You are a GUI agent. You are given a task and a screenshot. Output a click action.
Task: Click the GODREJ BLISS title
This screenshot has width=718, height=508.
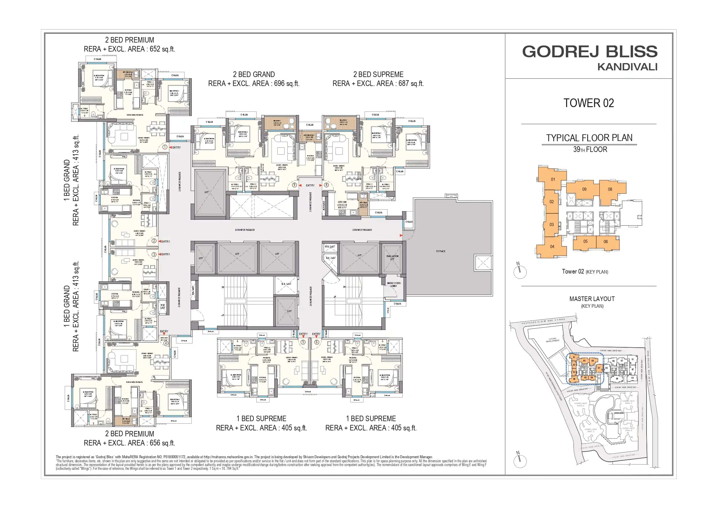point(590,52)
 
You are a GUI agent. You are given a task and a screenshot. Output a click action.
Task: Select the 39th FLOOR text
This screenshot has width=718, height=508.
point(590,150)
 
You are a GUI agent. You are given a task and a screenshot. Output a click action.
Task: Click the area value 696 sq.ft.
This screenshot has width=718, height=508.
point(286,84)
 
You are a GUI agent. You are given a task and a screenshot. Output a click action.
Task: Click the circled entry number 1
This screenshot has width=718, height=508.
point(165,147)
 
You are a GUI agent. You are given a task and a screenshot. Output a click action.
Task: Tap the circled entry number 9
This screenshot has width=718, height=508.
point(294,185)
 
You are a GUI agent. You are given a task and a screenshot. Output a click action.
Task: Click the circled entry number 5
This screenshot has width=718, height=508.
point(303,342)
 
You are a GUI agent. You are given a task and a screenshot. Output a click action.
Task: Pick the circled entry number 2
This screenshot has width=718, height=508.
point(154,241)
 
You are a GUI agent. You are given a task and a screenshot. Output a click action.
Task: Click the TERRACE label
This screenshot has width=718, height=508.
point(440,251)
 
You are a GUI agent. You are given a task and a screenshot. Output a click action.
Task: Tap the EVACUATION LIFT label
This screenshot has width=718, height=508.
point(392,258)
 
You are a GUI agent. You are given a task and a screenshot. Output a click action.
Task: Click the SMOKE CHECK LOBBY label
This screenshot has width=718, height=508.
point(393,285)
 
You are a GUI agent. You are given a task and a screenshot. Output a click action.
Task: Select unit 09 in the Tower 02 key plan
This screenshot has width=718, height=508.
point(584,189)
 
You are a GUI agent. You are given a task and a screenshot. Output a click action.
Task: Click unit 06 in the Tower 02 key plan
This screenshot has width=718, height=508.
point(605,242)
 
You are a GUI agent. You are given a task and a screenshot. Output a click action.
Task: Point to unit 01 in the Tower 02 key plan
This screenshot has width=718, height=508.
point(553,179)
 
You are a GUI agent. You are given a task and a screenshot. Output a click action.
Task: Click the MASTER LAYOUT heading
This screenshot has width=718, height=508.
point(592,299)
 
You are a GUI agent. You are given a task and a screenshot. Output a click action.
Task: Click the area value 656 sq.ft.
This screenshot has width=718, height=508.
point(162,443)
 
